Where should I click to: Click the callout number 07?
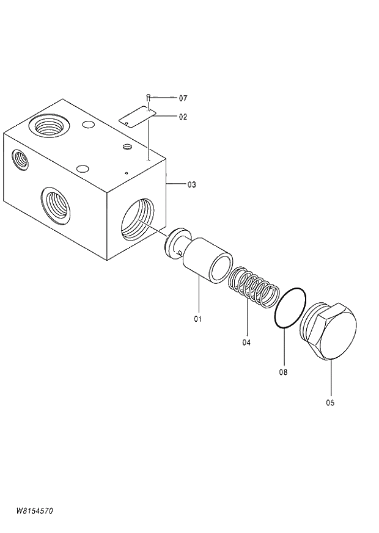tap(183, 98)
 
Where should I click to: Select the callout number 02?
tap(183, 117)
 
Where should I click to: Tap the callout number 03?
tap(191, 184)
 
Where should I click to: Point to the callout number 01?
tap(197, 319)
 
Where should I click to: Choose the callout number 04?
tap(246, 343)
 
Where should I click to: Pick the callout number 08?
tap(283, 371)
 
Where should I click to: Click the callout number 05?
tap(330, 402)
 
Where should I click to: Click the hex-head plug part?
tap(329, 333)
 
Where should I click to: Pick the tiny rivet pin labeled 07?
tap(148, 97)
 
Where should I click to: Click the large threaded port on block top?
tap(50, 126)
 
